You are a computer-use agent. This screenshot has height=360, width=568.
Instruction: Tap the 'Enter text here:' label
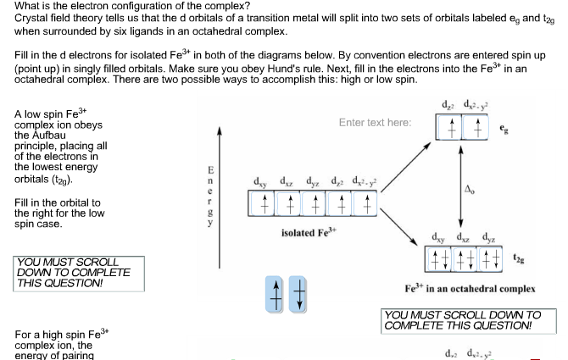click(375, 123)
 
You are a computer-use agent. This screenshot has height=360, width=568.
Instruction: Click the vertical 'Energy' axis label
click(200, 189)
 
